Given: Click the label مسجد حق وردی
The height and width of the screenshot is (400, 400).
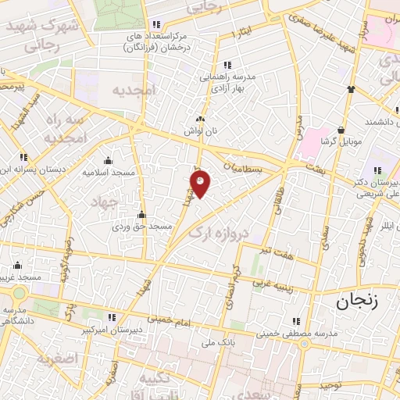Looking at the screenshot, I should (141, 227).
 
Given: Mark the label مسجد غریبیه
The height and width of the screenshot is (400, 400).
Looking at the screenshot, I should (21, 277).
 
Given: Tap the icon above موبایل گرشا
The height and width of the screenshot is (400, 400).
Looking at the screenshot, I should (341, 130).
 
